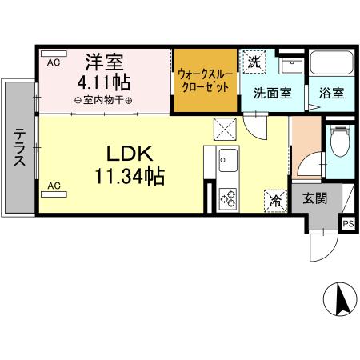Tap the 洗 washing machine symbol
tap(254, 62)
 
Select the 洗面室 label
tap(272, 93)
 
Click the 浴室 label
tap(330, 93)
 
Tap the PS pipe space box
tap(348, 224)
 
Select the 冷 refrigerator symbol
tap(274, 201)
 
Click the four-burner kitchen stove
tap(227, 197)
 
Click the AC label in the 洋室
tap(54, 62)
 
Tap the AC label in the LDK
tap(54, 186)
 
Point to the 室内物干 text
tap(103, 100)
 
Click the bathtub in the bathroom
tap(330, 64)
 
